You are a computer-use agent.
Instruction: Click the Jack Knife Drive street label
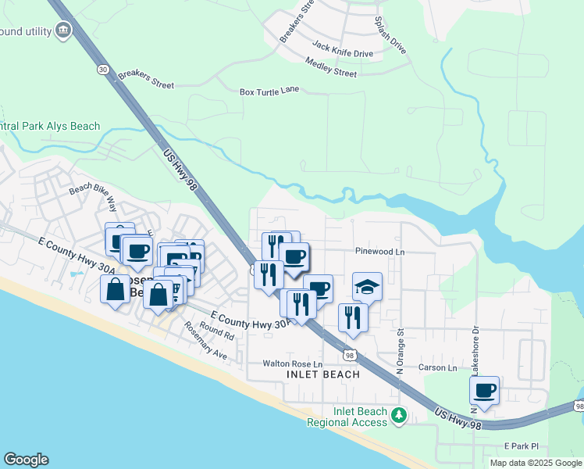click(x=342, y=50)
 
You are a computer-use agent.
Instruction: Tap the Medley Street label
click(x=331, y=67)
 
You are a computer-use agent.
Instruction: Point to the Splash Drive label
click(x=390, y=34)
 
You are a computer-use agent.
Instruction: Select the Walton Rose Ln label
click(x=292, y=364)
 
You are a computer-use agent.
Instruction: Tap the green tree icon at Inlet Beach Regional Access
click(x=400, y=414)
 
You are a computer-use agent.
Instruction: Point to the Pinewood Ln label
click(x=379, y=252)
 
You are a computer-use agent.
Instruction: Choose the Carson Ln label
click(x=437, y=367)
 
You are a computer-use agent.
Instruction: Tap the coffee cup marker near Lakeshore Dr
click(x=485, y=390)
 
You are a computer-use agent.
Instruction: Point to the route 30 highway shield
click(x=103, y=70)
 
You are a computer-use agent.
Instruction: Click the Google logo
click(x=26, y=460)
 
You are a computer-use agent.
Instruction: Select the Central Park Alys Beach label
click(x=51, y=127)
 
